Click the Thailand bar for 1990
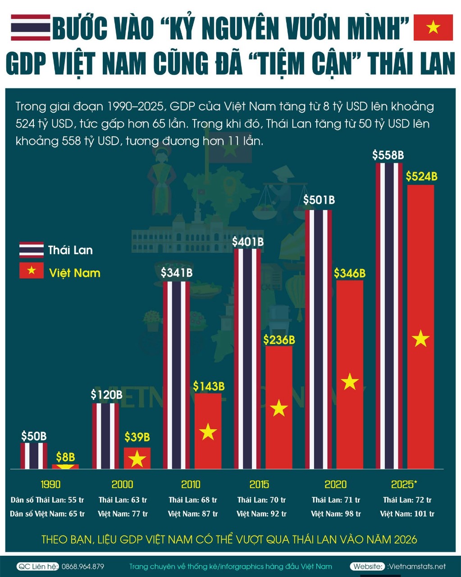pyautogui.click(x=34, y=456)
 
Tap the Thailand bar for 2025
pyautogui.click(x=389, y=316)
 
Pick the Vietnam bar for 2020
pyautogui.click(x=350, y=374)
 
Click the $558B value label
pyautogui.click(x=388, y=155)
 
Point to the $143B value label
pyautogui.click(x=209, y=386)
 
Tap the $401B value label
pyautogui.click(x=248, y=242)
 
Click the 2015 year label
pyautogui.click(x=259, y=485)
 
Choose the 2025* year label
pyautogui.click(x=404, y=485)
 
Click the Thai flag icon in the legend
pyautogui.click(x=31, y=250)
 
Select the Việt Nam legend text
pyautogui.click(x=74, y=273)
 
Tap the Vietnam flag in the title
pyautogui.click(x=433, y=27)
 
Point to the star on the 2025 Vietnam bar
pyautogui.click(x=420, y=338)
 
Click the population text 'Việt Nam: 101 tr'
pyautogui.click(x=407, y=514)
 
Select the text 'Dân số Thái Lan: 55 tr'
pyautogui.click(x=47, y=500)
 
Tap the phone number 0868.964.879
pyautogui.click(x=83, y=567)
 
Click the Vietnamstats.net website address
pyautogui.click(x=416, y=567)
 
